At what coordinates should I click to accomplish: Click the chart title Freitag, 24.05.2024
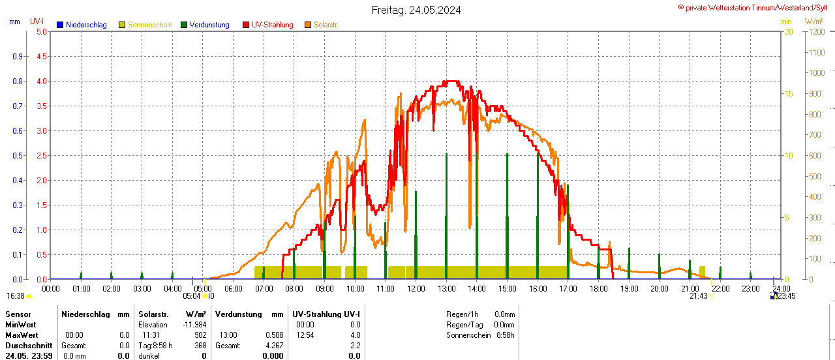point(416,10)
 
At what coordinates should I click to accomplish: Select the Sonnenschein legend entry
point(150,25)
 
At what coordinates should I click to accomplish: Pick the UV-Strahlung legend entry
point(272,25)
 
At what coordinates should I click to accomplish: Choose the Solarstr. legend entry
point(326,25)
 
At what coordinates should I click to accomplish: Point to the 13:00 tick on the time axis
point(446,288)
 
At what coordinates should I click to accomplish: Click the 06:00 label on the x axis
point(233,288)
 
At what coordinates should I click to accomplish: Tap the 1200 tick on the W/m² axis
point(815,31)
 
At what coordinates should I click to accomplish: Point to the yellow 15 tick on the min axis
point(788,93)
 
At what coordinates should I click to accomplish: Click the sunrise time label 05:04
point(192,296)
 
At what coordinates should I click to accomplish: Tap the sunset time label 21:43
point(698,296)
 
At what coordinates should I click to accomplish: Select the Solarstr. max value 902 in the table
point(200,335)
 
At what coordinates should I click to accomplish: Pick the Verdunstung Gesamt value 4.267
point(274,346)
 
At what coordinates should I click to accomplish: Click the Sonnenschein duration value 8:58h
point(504,335)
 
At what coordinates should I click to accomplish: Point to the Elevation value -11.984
point(194,325)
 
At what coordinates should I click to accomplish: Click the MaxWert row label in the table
point(21,335)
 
